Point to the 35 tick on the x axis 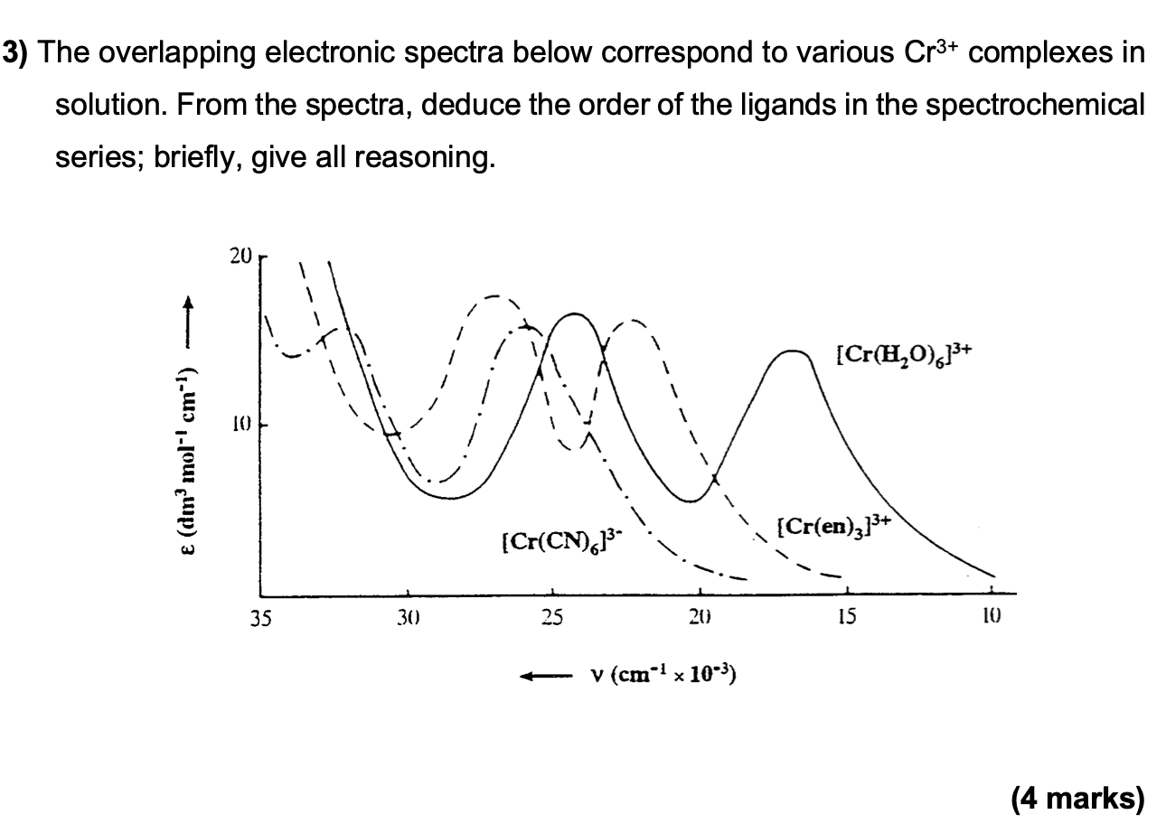(260, 619)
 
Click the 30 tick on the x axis (407, 619)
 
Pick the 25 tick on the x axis (553, 619)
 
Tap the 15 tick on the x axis (847, 619)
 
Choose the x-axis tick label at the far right (992, 619)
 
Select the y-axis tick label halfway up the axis (239, 425)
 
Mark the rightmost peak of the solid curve (793, 351)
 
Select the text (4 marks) (1077, 799)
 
